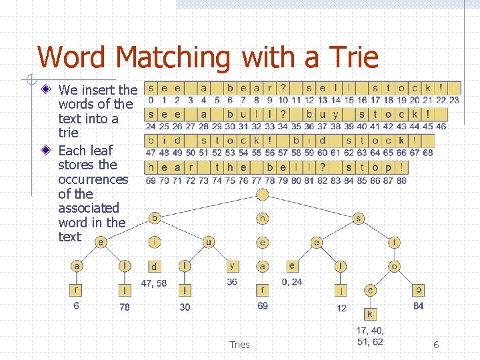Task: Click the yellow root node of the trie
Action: click(x=263, y=195)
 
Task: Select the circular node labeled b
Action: click(x=155, y=218)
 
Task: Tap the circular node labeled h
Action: click(x=263, y=218)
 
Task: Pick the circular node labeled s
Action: click(x=359, y=218)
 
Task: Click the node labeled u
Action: click(x=209, y=242)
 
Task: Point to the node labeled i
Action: click(x=155, y=242)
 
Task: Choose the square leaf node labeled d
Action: click(x=154, y=267)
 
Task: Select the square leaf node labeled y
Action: click(x=232, y=266)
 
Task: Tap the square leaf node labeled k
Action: click(x=370, y=314)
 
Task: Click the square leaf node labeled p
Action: click(x=418, y=290)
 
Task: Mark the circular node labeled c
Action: click(x=370, y=290)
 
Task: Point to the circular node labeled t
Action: click(x=395, y=242)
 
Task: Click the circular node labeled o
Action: click(x=395, y=266)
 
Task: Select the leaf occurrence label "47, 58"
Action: click(x=154, y=283)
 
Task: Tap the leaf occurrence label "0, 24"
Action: click(x=291, y=282)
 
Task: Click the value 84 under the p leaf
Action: click(x=418, y=306)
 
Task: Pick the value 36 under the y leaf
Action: click(x=232, y=282)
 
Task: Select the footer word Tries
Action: click(x=239, y=345)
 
